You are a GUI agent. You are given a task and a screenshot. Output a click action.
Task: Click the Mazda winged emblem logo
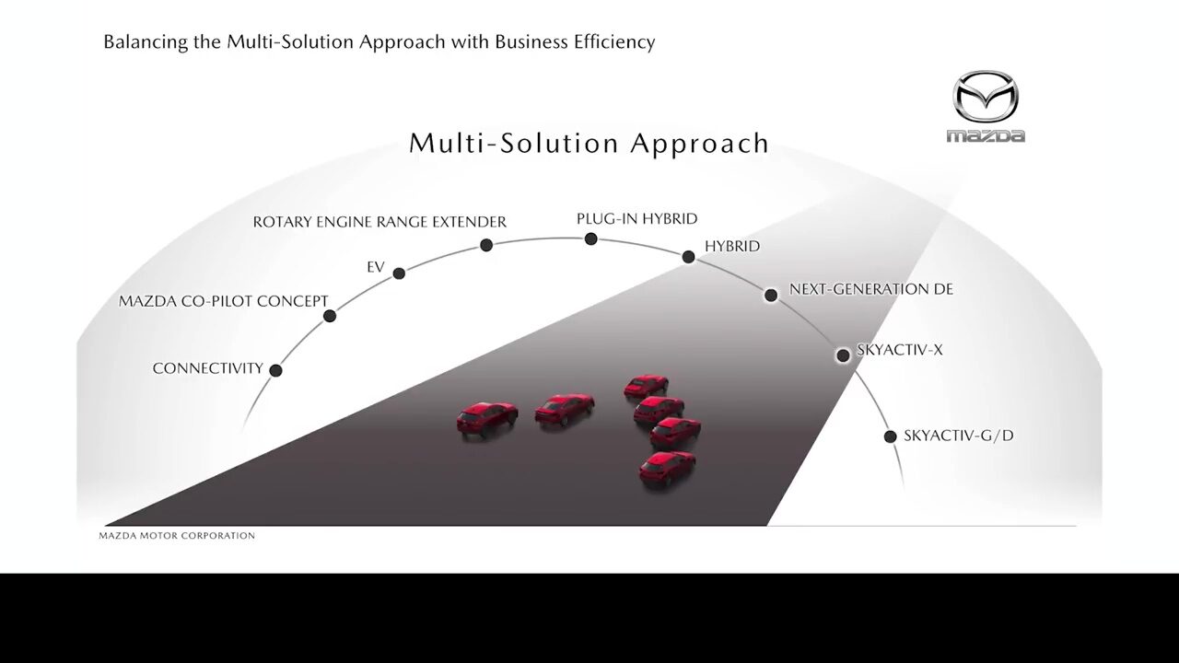coord(986,97)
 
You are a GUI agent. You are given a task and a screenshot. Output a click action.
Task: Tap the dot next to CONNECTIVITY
coord(275,370)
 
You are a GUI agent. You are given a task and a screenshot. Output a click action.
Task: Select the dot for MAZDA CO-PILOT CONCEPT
coord(330,316)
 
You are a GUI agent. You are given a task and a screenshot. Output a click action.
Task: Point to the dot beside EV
coord(399,273)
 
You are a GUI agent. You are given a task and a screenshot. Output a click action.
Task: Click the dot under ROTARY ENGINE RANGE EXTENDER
coord(486,245)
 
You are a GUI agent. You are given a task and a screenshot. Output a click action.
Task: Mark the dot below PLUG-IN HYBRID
coord(591,238)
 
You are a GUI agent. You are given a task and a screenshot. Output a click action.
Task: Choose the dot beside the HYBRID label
coord(688,257)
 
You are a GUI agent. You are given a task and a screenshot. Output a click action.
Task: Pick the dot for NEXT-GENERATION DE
coord(771,295)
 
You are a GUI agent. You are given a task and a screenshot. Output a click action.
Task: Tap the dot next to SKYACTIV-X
coord(843,355)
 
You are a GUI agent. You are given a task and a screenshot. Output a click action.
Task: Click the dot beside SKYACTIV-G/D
coord(890,436)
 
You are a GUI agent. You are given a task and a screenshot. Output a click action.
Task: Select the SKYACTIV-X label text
coord(900,350)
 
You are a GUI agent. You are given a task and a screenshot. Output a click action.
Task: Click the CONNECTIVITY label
coord(208,368)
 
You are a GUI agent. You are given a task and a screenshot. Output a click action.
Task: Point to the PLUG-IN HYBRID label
coord(636,218)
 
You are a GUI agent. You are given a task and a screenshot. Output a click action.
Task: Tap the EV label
coord(376,267)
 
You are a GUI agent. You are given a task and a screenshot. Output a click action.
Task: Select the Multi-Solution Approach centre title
coord(589,143)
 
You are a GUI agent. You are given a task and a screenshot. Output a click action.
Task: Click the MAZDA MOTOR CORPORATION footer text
coord(177,536)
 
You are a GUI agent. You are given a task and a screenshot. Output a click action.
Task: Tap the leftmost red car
coord(487,420)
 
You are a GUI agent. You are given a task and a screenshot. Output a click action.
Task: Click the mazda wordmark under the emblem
coord(986,136)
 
